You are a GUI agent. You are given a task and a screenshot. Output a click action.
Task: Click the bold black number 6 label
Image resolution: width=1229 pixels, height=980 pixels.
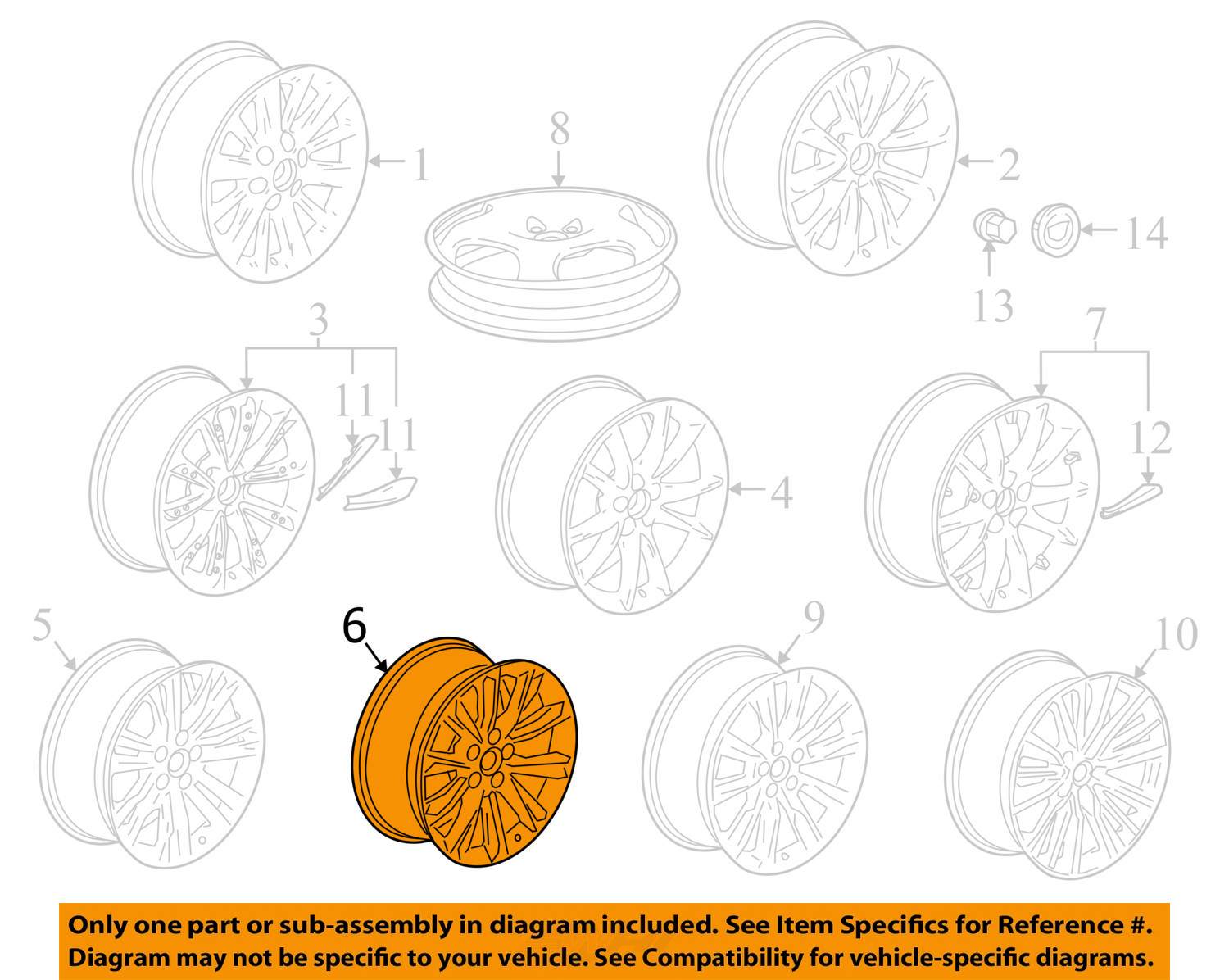pyautogui.click(x=354, y=626)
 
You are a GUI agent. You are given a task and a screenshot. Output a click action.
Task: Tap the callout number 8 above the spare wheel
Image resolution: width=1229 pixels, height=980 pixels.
pyautogui.click(x=560, y=129)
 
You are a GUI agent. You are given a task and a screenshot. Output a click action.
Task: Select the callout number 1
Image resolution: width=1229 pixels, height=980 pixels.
pyautogui.click(x=421, y=165)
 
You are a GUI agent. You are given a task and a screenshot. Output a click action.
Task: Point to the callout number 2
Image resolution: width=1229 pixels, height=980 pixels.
pyautogui.click(x=1009, y=165)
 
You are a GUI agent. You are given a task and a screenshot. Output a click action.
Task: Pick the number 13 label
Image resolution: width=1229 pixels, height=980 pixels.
pyautogui.click(x=993, y=306)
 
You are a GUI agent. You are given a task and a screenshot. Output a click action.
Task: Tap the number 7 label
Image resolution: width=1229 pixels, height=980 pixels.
pyautogui.click(x=1095, y=324)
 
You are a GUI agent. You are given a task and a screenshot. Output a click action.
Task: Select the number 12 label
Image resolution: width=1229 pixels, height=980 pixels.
pyautogui.click(x=1151, y=438)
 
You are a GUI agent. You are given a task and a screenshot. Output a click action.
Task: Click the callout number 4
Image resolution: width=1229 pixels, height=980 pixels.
pyautogui.click(x=782, y=492)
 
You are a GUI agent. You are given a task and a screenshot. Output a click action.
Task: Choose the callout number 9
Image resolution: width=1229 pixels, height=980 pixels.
pyautogui.click(x=814, y=617)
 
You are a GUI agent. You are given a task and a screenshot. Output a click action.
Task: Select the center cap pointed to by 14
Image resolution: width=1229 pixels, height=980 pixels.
pyautogui.click(x=1055, y=229)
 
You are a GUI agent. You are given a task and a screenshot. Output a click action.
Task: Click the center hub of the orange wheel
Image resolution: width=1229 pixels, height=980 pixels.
pyautogui.click(x=488, y=761)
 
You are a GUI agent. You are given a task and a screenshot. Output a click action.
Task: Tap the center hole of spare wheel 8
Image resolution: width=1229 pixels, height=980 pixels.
pyautogui.click(x=551, y=234)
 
